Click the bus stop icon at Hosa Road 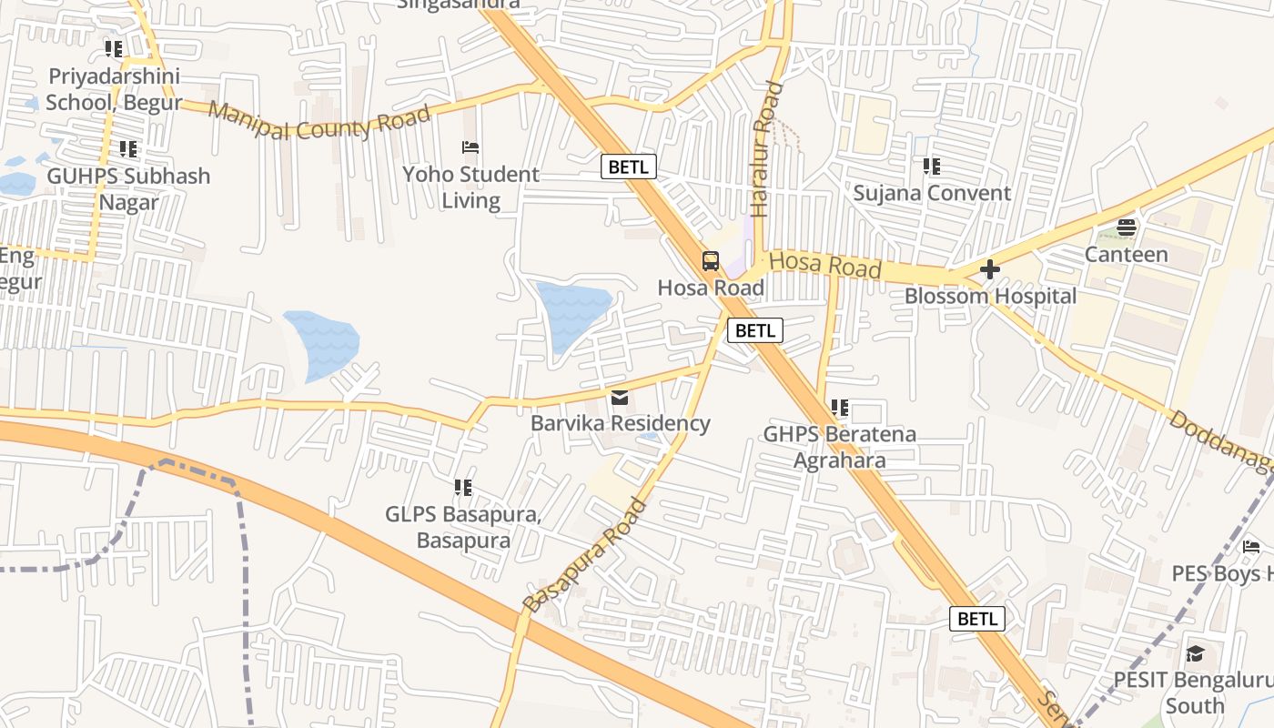(x=711, y=261)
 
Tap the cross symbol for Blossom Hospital (x=990, y=269)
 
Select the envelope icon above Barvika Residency (x=621, y=397)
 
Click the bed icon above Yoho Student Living (x=470, y=147)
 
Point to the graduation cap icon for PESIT (x=1195, y=653)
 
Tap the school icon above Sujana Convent (x=931, y=167)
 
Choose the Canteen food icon (x=1127, y=227)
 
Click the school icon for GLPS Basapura (x=463, y=488)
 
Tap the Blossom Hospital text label (x=990, y=297)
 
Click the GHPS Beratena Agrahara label (x=839, y=447)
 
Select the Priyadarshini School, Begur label (x=114, y=89)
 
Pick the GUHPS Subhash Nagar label (x=128, y=188)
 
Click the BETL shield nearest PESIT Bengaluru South (x=977, y=619)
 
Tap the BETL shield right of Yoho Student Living (x=628, y=167)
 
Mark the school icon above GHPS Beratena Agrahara (x=839, y=408)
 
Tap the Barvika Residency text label (x=621, y=423)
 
